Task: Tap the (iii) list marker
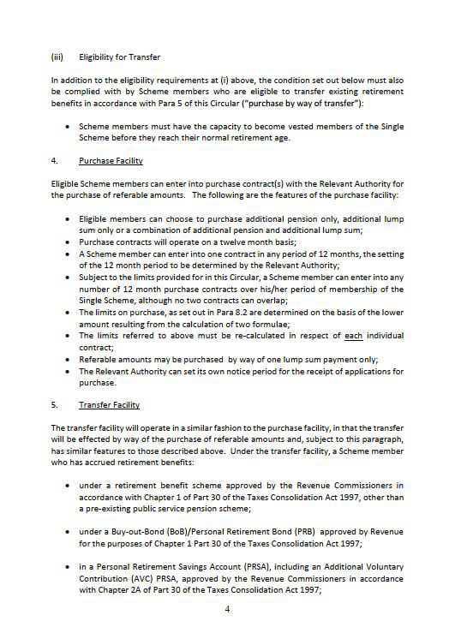57,58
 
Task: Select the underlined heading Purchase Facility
111,160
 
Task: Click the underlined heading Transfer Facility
109,405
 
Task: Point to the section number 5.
54,405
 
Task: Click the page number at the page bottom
228,609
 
